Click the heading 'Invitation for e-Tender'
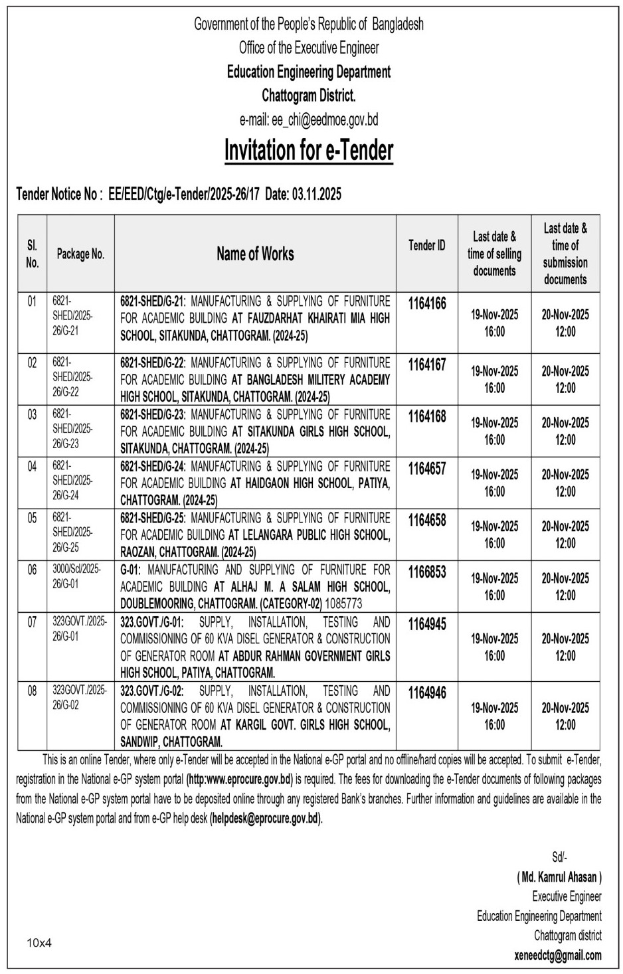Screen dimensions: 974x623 point(309,151)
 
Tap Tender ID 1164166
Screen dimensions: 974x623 point(427,304)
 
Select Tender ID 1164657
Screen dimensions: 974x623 point(427,469)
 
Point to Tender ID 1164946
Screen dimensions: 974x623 point(427,693)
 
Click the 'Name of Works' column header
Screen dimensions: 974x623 point(255,254)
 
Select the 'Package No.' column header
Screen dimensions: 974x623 point(80,254)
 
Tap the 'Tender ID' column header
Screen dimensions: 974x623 point(427,246)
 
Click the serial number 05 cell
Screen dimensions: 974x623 point(32,519)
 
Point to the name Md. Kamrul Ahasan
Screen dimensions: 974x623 point(559,877)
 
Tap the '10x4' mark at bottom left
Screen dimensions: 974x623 point(39,942)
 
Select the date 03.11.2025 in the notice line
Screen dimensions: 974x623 point(315,194)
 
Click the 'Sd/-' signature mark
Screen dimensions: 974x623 point(559,857)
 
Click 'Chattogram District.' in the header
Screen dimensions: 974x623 point(309,96)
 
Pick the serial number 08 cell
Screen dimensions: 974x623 point(32,691)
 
